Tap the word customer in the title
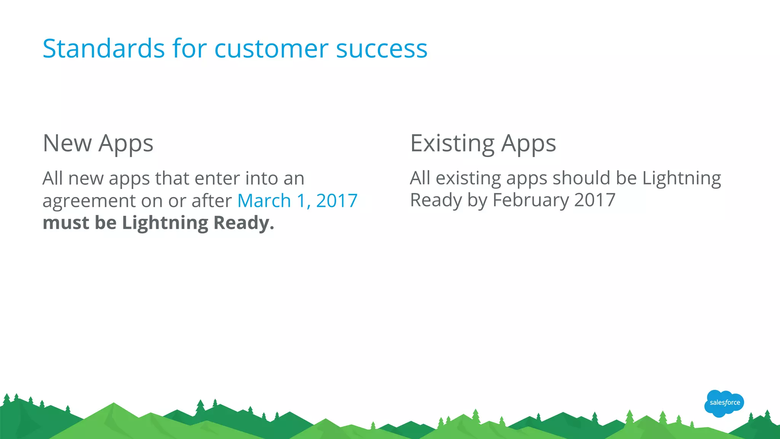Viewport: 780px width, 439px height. [x=271, y=49]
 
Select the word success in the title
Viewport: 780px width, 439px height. [x=382, y=49]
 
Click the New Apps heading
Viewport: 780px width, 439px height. [x=98, y=143]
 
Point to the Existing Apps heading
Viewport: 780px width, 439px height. [x=483, y=143]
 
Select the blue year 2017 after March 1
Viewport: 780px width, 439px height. [x=337, y=200]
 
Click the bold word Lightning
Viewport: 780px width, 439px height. [x=165, y=223]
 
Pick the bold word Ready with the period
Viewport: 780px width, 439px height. [x=244, y=223]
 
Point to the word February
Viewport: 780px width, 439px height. [x=531, y=200]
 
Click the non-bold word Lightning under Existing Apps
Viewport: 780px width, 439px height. [x=681, y=178]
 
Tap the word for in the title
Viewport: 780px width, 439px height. [x=189, y=48]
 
